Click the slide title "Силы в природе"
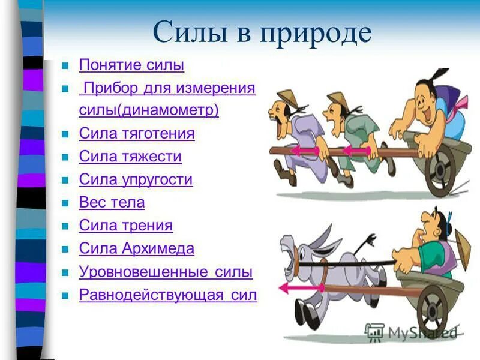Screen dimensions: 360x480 click(262, 32)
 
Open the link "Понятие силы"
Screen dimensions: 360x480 click(131, 65)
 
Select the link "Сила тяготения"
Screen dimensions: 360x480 click(137, 133)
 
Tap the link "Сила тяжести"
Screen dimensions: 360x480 click(130, 157)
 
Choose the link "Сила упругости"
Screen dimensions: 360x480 click(136, 179)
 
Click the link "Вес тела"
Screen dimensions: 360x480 click(112, 203)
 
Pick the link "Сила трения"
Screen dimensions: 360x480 click(126, 226)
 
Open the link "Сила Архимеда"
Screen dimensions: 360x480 click(137, 248)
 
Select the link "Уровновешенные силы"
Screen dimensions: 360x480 click(166, 272)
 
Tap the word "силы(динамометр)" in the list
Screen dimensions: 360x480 click(149, 110)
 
